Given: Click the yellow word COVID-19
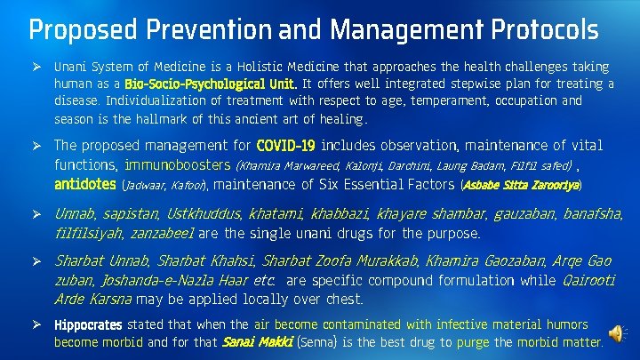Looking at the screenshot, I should pyautogui.click(x=285, y=146).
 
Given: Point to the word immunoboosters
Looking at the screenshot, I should pyautogui.click(x=177, y=164).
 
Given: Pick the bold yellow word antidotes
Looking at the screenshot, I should pyautogui.click(x=84, y=184).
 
